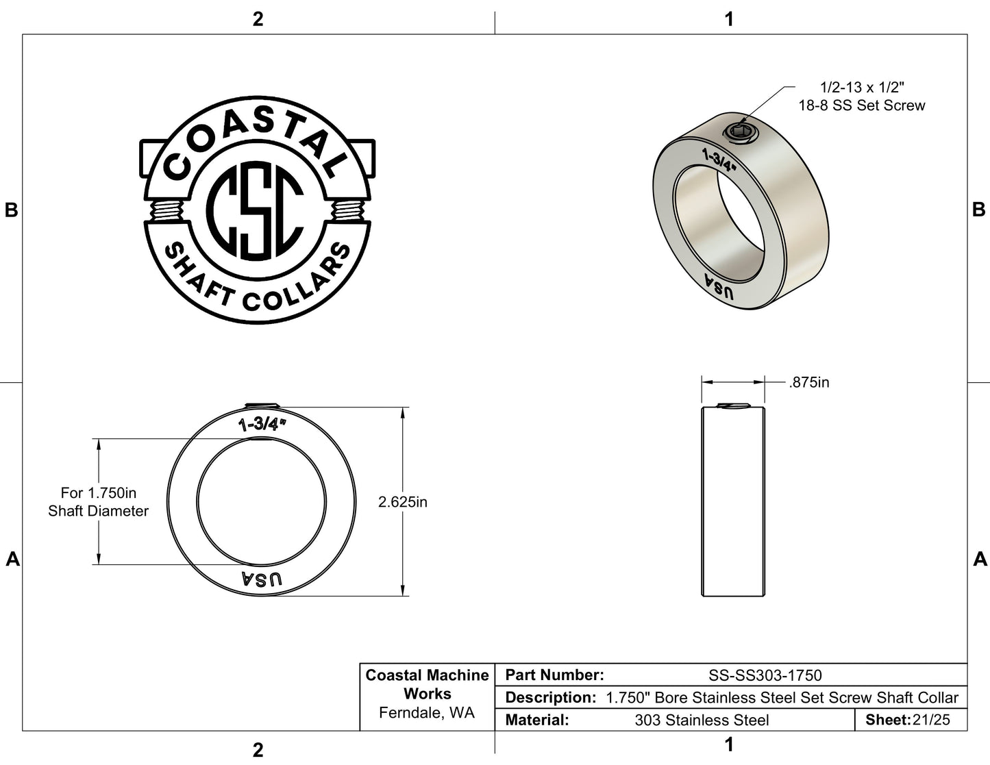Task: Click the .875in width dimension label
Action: coord(808,382)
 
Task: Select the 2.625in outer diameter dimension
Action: coord(403,502)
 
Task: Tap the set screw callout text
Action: coord(862,96)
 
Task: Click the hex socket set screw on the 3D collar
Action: coord(740,133)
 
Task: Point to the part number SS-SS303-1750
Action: coord(765,675)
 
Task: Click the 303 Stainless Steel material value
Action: coord(702,720)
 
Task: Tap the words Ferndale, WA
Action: coord(427,713)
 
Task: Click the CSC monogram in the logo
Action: coord(255,211)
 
